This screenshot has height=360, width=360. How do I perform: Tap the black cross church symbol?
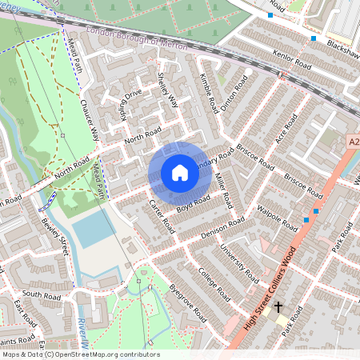279,306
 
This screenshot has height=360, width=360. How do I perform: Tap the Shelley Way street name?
168,89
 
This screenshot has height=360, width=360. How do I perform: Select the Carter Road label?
162,217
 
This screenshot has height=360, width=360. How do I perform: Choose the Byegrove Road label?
188,302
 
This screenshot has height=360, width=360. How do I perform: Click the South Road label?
37,294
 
